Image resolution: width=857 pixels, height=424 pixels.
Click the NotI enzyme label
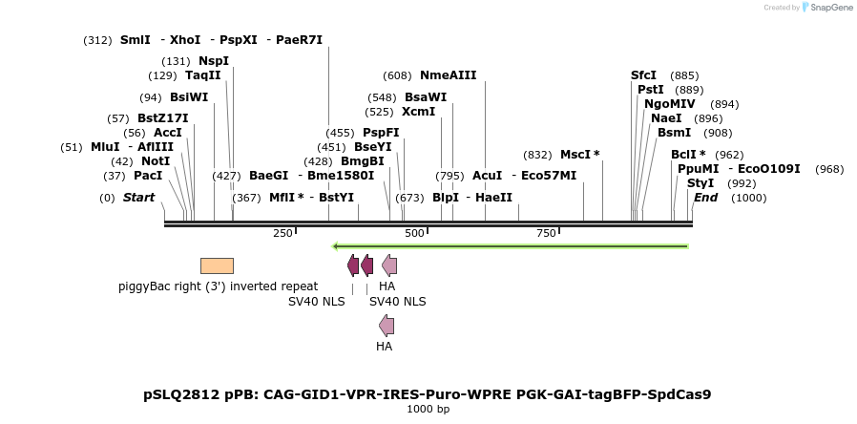tap(156, 161)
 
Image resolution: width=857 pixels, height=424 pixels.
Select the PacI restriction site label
tap(148, 176)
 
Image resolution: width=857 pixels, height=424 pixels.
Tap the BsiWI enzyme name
tap(189, 97)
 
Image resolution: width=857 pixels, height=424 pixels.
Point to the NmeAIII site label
tap(449, 75)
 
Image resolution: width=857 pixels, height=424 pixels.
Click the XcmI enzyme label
tap(419, 112)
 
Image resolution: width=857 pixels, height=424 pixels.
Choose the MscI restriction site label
tap(575, 155)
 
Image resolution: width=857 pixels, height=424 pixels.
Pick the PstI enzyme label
tap(651, 90)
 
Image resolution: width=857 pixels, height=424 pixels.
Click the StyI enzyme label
tap(700, 183)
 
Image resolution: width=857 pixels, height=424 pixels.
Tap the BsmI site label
tap(675, 133)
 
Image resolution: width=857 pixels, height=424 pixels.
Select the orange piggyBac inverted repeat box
tap(217, 265)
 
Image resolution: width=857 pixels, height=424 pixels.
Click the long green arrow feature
tap(510, 246)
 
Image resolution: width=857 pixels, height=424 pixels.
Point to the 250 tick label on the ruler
tap(282, 234)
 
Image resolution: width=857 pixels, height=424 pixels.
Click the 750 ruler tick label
tap(546, 234)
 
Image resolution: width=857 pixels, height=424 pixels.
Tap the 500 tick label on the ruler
tap(414, 234)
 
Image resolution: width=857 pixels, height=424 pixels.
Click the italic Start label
tap(138, 198)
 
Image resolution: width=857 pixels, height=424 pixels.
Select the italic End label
tap(705, 198)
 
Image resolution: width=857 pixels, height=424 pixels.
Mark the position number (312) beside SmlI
tap(98, 40)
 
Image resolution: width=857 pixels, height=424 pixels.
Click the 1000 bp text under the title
tap(428, 409)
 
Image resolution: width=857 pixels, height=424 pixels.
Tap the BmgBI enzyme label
tap(363, 160)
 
